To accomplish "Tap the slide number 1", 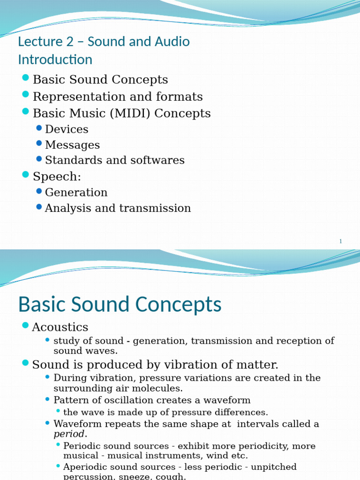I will coord(341,241).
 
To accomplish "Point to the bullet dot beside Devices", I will coord(39,128).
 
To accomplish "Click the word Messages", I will coord(72,145).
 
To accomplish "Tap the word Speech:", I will coord(57,177).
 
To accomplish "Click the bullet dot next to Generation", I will coord(39,191).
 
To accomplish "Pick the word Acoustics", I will coord(60,327).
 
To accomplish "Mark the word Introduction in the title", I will coord(55,60).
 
